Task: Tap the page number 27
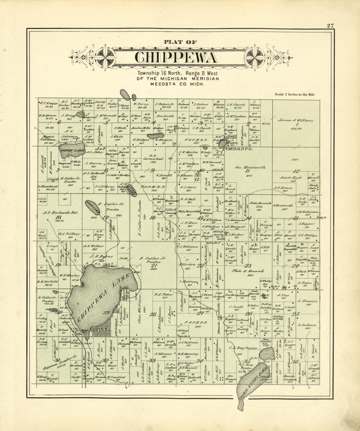pyautogui.click(x=330, y=26)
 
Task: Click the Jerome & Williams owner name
pyautogui.click(x=295, y=120)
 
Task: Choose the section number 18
pyautogui.click(x=59, y=217)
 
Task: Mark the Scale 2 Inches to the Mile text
pyautogui.click(x=295, y=94)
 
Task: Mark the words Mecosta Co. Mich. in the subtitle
pyautogui.click(x=177, y=84)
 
